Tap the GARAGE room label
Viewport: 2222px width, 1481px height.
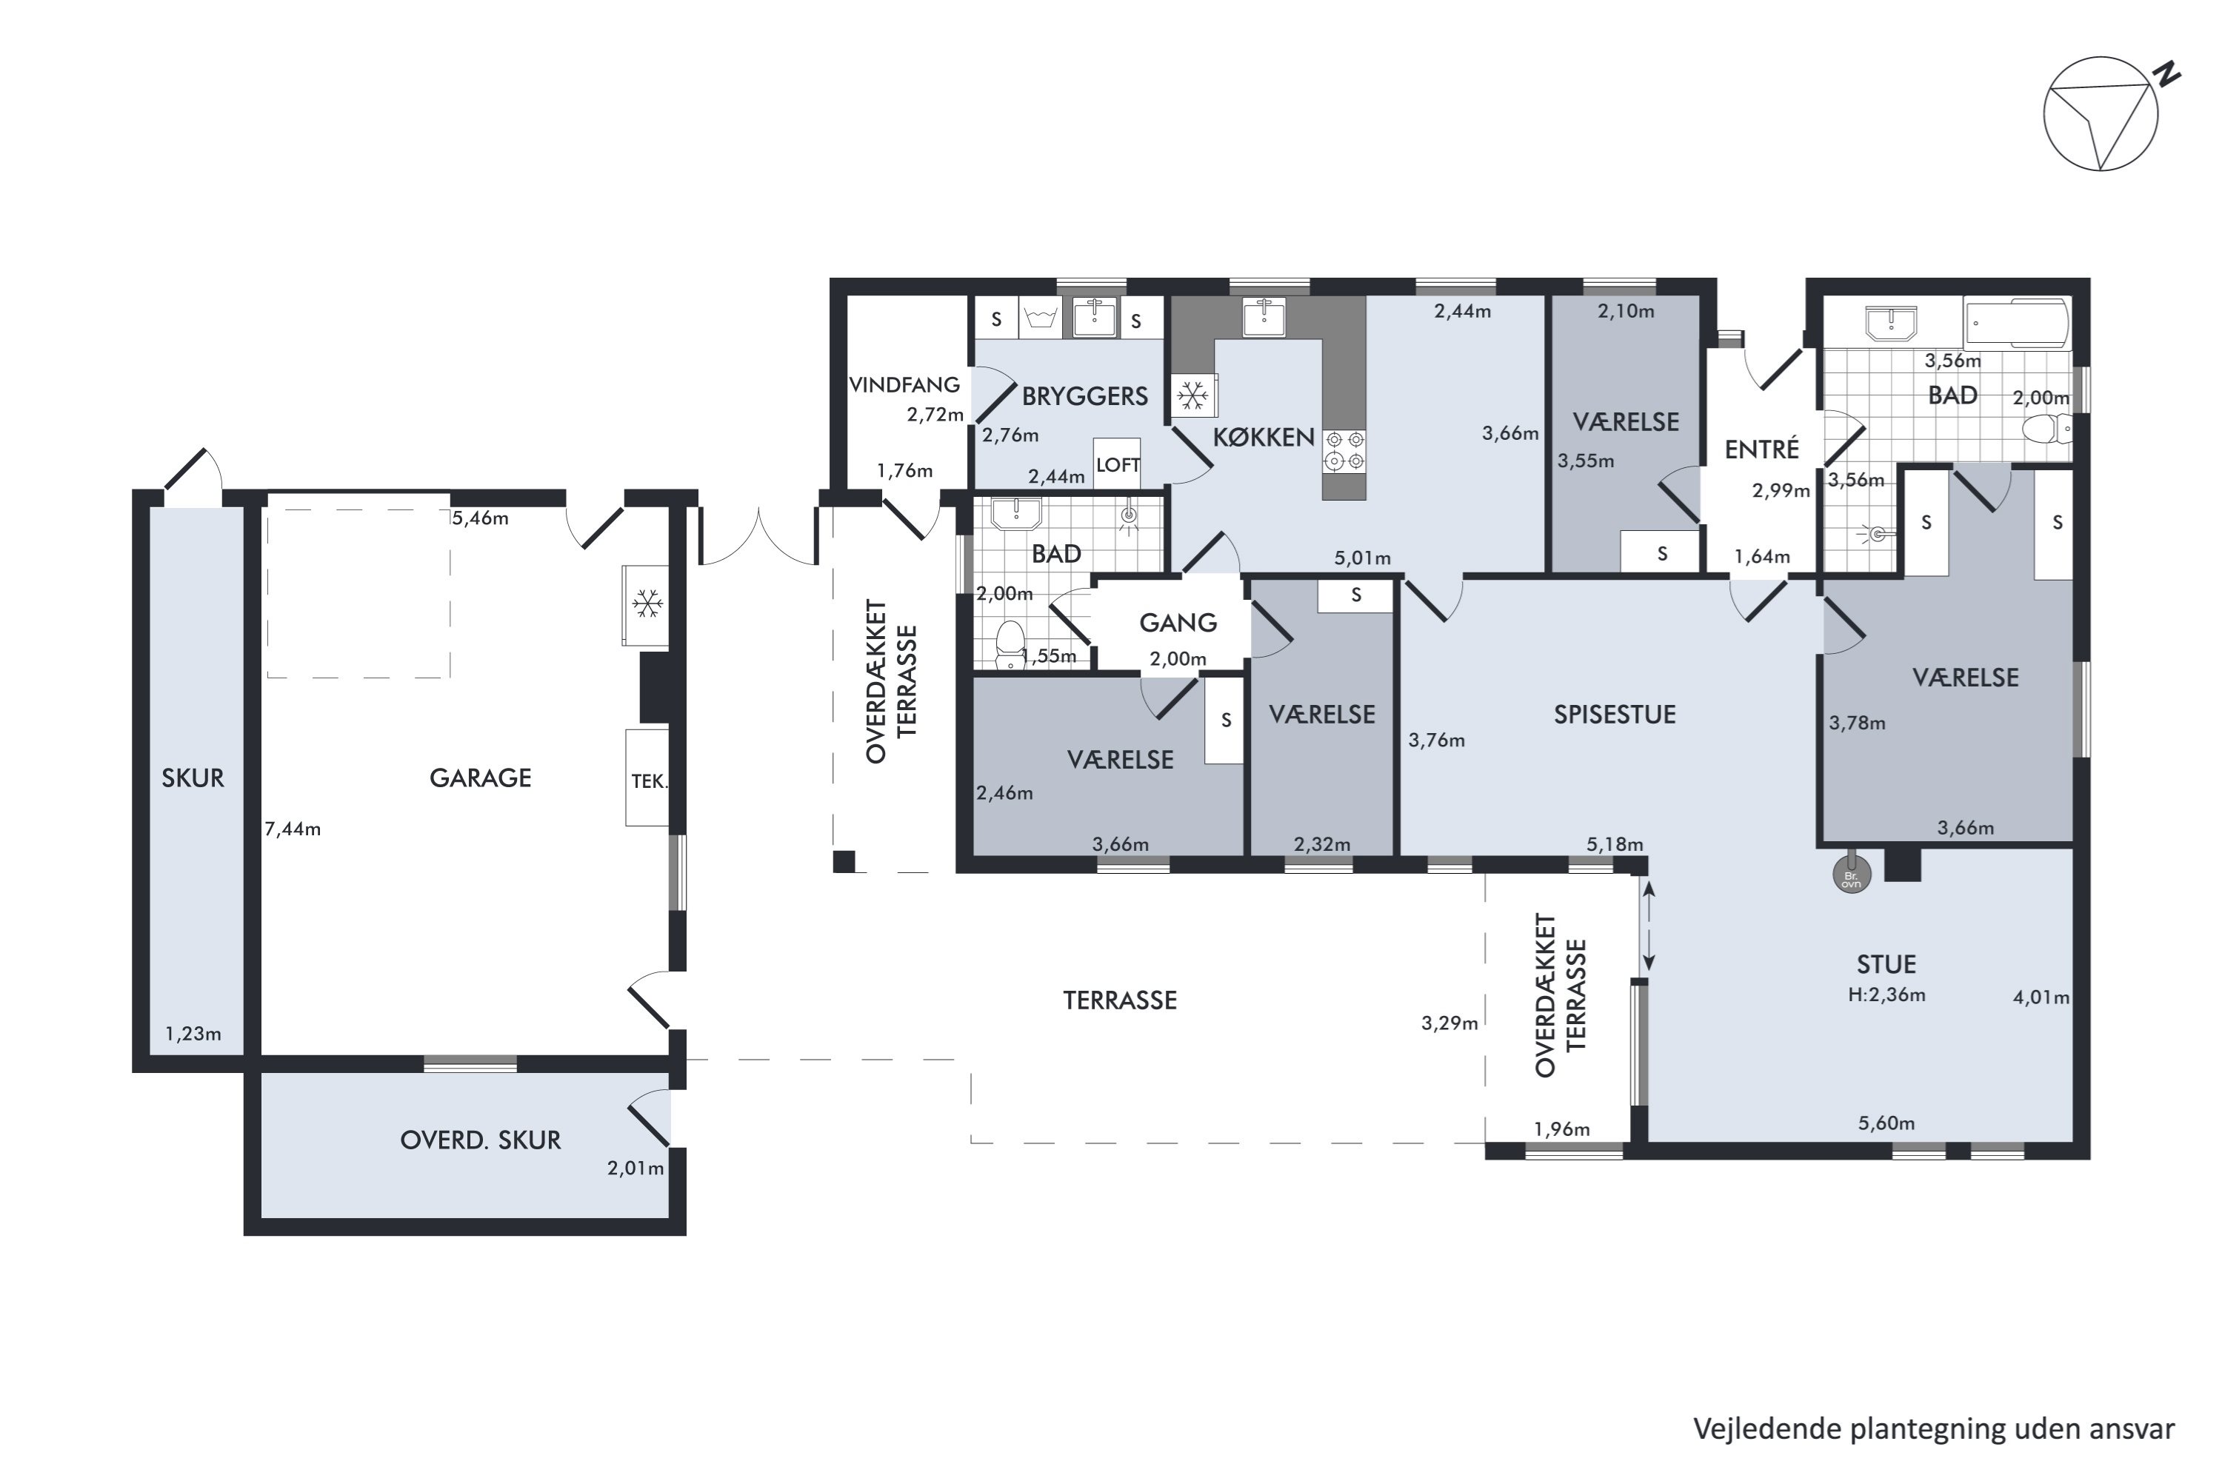click(x=480, y=778)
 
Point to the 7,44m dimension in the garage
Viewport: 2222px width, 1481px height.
click(x=293, y=829)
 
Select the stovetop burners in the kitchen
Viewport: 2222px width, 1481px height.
click(x=1344, y=450)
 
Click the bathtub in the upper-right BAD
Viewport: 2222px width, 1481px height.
click(x=2015, y=325)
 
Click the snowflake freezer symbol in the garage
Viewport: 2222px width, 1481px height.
click(x=646, y=604)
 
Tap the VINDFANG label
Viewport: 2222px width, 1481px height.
click(x=904, y=384)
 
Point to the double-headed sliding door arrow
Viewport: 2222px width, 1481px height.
click(x=1649, y=926)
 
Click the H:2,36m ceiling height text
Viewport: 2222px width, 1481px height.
click(x=1886, y=994)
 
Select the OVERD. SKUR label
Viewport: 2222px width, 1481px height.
click(x=480, y=1140)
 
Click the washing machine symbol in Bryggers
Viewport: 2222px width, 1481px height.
click(x=1040, y=318)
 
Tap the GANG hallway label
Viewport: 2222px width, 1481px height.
click(x=1178, y=623)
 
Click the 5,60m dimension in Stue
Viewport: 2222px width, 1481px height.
click(x=1886, y=1123)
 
